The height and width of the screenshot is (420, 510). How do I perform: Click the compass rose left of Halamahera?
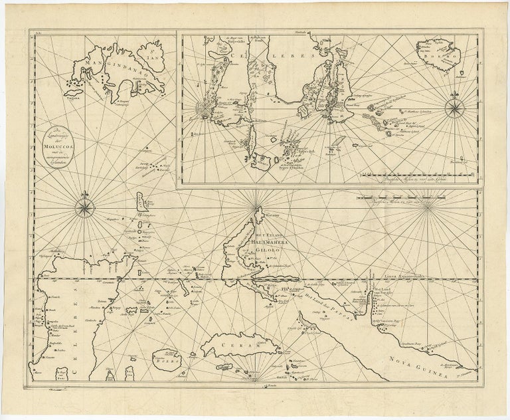(x=86, y=205)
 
